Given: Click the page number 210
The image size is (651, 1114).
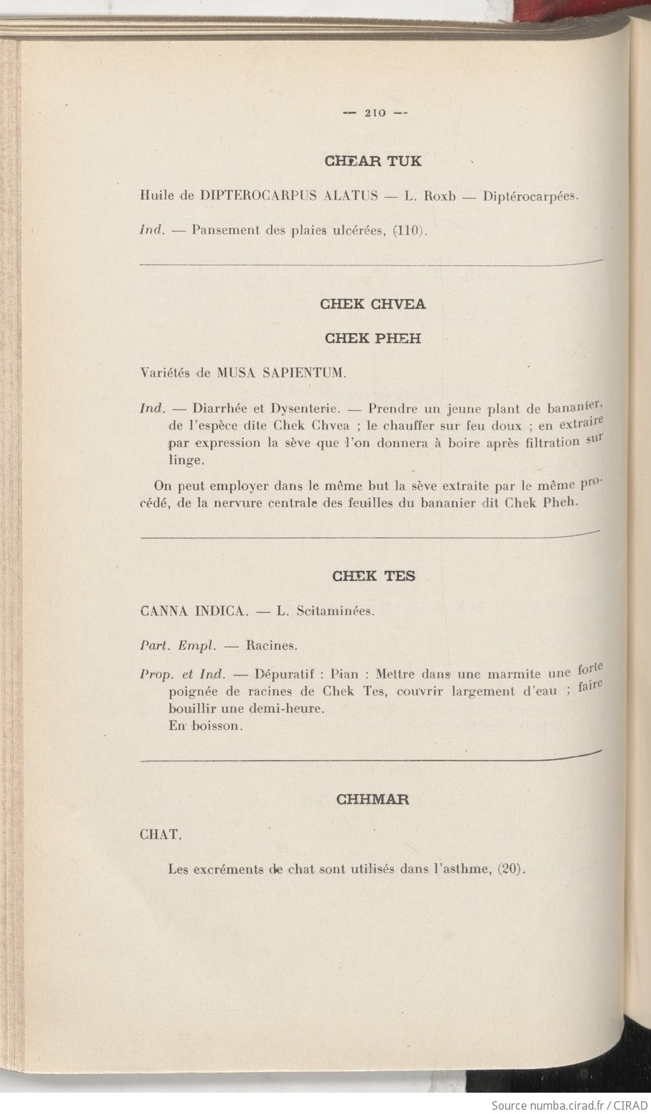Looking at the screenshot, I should pos(374,112).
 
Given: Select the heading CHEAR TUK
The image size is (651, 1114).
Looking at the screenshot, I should pos(373,161).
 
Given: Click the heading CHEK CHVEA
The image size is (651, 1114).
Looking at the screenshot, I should pos(373,304).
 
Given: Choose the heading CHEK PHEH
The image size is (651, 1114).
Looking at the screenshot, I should pos(373,339).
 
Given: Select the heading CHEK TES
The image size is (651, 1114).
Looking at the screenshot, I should pos(373,576).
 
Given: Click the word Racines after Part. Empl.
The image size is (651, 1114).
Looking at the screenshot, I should pos(271,646).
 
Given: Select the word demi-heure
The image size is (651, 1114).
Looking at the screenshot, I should pos(288,709).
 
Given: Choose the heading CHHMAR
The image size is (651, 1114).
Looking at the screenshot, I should pos(373,799).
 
